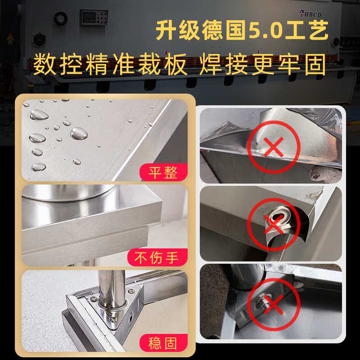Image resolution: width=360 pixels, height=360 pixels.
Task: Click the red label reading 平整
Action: [163, 172]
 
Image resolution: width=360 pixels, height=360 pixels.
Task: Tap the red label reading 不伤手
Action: [156, 258]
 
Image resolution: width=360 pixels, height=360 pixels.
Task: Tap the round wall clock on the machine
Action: [60, 18]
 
